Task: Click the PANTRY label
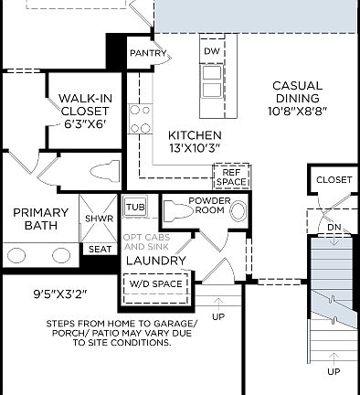pyautogui.click(x=148, y=53)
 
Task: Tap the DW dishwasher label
pyautogui.click(x=211, y=51)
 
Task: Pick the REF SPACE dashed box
pyautogui.click(x=230, y=176)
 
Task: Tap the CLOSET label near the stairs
pyautogui.click(x=334, y=180)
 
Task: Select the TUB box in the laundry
pyautogui.click(x=135, y=207)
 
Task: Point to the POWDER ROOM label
pyautogui.click(x=209, y=205)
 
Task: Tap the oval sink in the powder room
pyautogui.click(x=238, y=211)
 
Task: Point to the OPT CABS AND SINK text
pyautogui.click(x=145, y=242)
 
